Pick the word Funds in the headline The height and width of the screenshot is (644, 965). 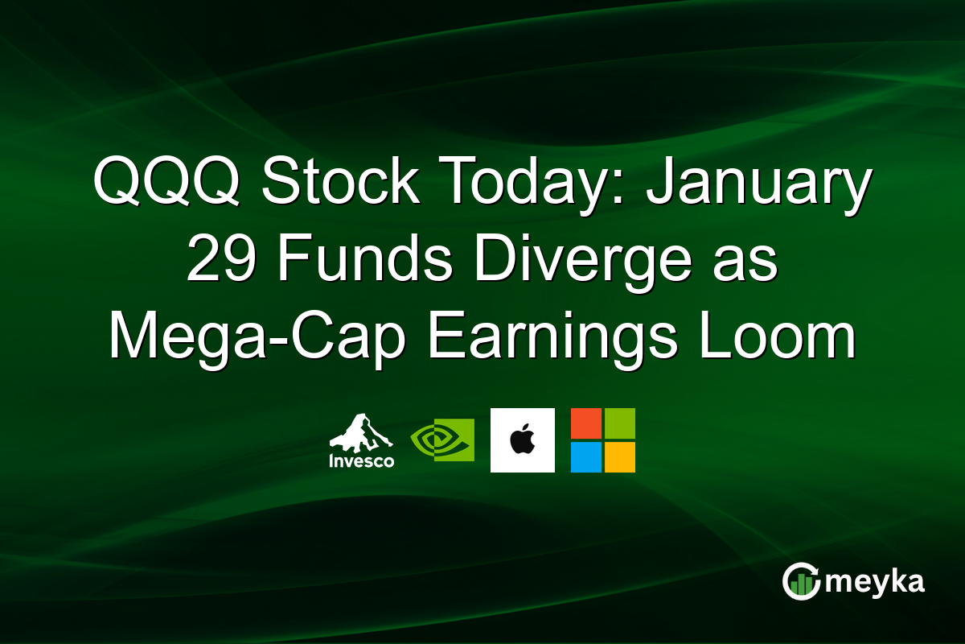click(351, 262)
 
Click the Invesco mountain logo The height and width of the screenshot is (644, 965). click(361, 433)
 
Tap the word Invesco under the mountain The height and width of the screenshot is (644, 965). click(361, 461)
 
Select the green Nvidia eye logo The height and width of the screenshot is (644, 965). click(441, 440)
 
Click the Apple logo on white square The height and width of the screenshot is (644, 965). click(522, 440)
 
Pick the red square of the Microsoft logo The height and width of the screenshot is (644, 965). click(586, 423)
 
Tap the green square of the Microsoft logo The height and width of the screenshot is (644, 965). click(619, 423)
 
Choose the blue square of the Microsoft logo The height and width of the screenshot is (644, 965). click(586, 456)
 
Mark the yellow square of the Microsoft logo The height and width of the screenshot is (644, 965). click(619, 456)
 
